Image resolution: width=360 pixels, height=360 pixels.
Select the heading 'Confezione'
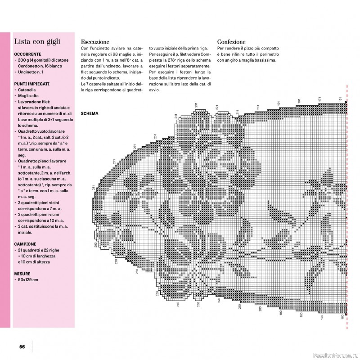[231, 41]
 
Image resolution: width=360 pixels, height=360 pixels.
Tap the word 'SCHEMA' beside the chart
[90, 114]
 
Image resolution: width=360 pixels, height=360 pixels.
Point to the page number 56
[22, 346]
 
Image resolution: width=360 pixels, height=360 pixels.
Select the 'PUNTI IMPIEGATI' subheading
[31, 84]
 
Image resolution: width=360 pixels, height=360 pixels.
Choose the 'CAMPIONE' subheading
[28, 243]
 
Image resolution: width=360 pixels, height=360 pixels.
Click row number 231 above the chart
[197, 105]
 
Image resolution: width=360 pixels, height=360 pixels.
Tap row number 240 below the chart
[178, 305]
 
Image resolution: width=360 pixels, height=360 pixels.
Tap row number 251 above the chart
[155, 137]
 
